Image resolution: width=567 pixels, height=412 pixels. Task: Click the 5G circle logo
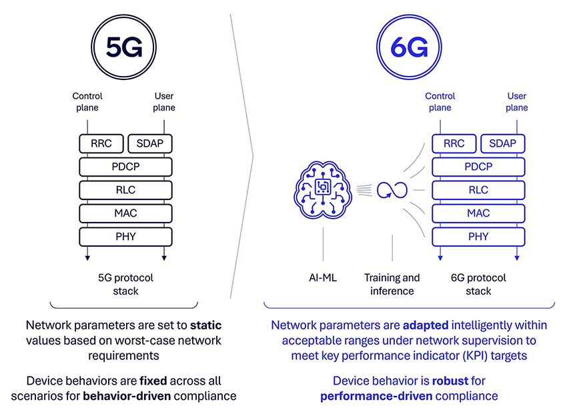click(x=125, y=48)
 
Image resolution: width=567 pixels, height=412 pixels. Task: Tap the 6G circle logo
click(x=410, y=48)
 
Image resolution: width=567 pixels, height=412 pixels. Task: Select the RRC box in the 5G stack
click(x=101, y=143)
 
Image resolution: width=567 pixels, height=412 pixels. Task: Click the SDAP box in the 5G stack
click(x=149, y=143)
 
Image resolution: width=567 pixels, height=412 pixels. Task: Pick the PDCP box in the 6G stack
click(x=478, y=167)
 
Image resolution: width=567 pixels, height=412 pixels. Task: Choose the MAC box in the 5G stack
click(x=125, y=213)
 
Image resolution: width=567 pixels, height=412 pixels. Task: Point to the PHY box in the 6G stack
click(x=478, y=237)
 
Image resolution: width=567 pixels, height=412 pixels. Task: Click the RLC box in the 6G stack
click(x=478, y=190)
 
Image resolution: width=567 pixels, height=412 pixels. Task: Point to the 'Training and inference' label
click(x=392, y=284)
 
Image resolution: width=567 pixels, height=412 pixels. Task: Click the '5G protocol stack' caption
click(x=125, y=284)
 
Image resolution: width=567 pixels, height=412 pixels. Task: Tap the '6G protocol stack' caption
click(x=478, y=284)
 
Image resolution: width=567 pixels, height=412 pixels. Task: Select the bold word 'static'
click(x=205, y=326)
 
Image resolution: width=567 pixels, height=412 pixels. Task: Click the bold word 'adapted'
click(x=426, y=325)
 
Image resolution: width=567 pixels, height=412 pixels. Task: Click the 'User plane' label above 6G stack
click(x=517, y=102)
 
